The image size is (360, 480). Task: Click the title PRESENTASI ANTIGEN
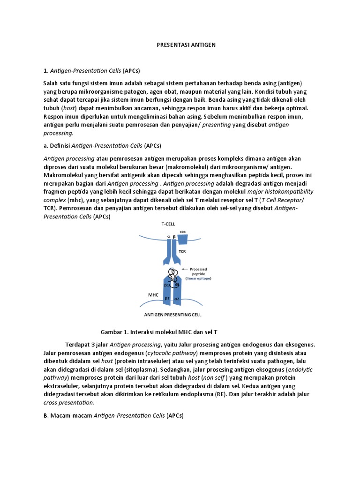click(x=185, y=45)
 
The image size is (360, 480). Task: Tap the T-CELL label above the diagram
click(x=168, y=224)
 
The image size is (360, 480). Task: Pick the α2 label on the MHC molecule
click(x=177, y=298)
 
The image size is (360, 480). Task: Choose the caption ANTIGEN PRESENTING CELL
click(x=172, y=314)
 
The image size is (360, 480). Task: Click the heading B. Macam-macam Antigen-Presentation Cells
click(x=114, y=415)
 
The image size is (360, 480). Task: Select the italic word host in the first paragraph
click(x=72, y=108)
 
